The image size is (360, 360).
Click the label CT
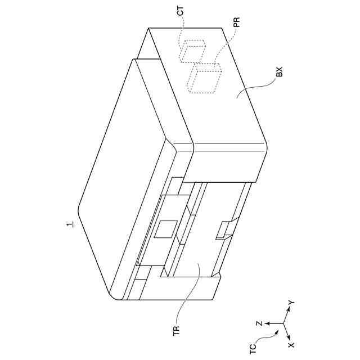181,12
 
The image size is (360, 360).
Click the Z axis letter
259,324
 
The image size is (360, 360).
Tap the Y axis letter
291,303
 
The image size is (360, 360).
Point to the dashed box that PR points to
206,78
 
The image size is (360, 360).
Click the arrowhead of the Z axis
266,324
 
